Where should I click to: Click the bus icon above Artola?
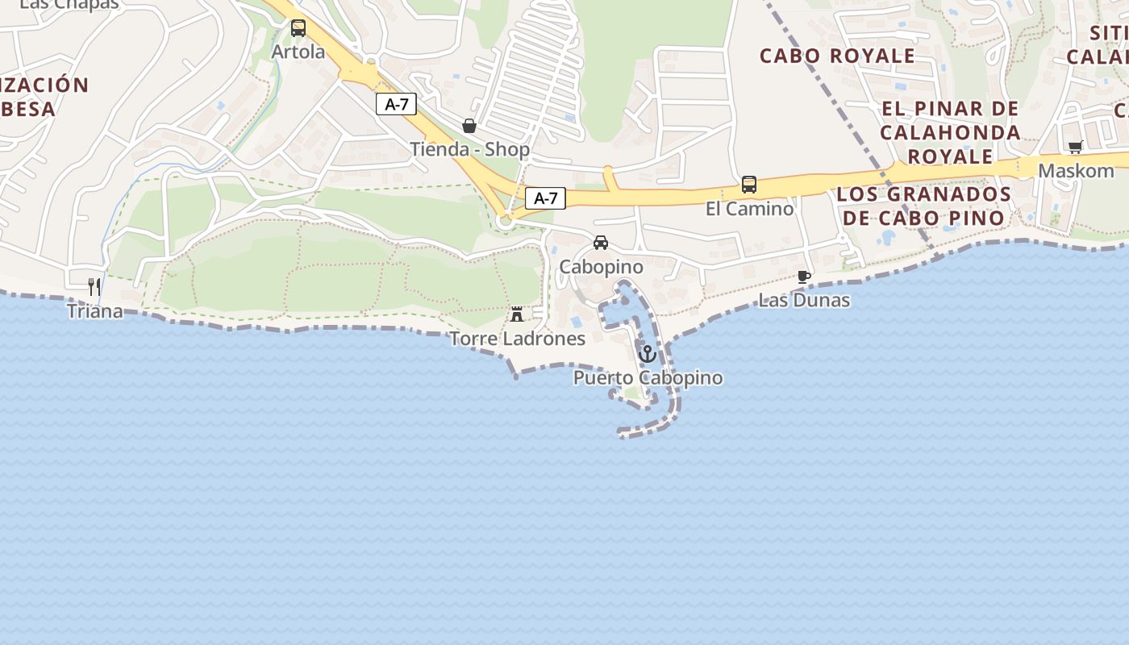(298, 28)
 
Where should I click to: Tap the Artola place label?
(298, 52)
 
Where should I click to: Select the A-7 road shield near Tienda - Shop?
(396, 104)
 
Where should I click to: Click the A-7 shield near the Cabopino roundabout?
(546, 198)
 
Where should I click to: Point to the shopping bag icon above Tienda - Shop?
(469, 126)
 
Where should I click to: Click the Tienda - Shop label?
(469, 149)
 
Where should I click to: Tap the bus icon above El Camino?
(749, 185)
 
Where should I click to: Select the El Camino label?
(749, 209)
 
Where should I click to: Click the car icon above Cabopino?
(601, 243)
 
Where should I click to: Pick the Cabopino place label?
(601, 267)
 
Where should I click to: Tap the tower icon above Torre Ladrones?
(517, 314)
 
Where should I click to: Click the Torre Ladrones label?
(517, 339)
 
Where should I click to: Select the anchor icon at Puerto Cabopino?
(647, 354)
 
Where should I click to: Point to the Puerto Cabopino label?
(648, 378)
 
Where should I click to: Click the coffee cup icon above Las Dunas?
(804, 277)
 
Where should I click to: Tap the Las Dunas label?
(804, 301)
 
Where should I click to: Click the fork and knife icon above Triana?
(94, 286)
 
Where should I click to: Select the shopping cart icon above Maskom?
(1075, 148)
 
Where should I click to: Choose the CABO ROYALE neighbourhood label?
(837, 56)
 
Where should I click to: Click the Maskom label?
(1076, 171)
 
